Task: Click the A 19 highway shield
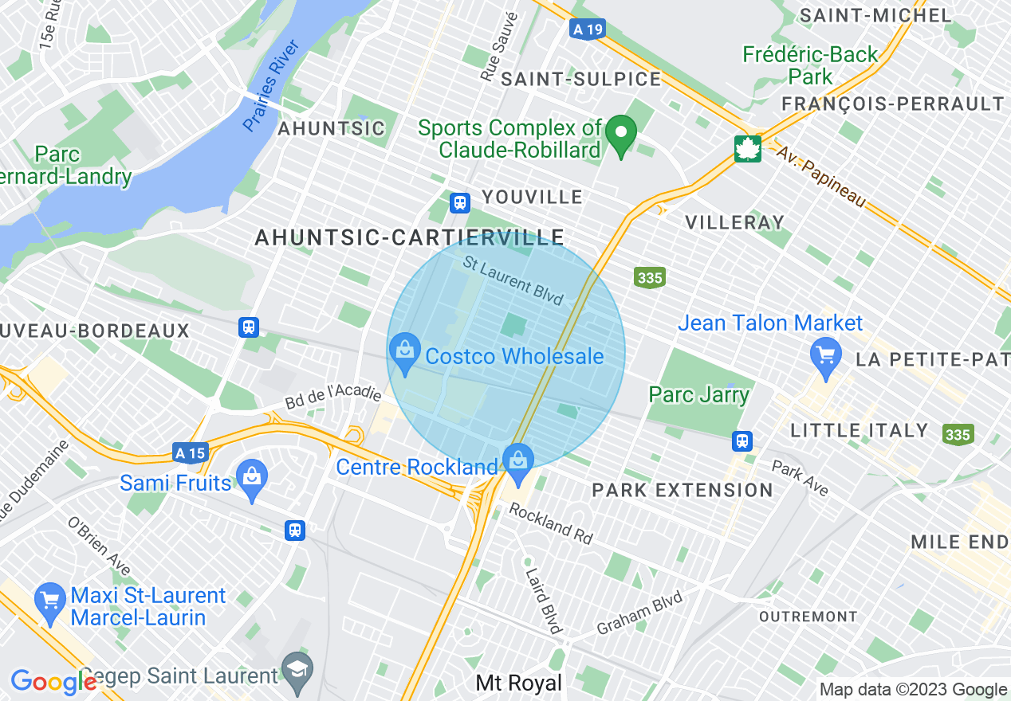click(x=588, y=29)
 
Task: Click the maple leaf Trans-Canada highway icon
click(x=748, y=148)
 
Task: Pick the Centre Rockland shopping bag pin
click(x=518, y=462)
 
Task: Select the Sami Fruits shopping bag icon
click(x=252, y=480)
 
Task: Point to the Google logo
click(x=53, y=682)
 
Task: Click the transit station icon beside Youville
click(x=459, y=202)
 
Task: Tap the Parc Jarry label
click(x=698, y=394)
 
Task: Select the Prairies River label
click(x=270, y=85)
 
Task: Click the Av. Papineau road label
click(x=820, y=178)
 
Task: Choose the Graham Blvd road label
click(x=639, y=613)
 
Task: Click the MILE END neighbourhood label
click(x=960, y=542)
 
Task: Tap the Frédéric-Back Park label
click(x=810, y=65)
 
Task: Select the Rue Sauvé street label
click(x=499, y=48)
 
